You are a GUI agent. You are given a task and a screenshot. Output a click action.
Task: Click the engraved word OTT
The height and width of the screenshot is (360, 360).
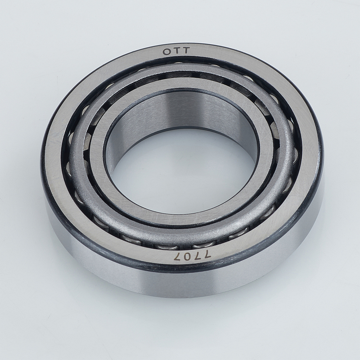[x=176, y=51]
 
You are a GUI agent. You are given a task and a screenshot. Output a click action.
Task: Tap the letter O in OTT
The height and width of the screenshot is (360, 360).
[x=166, y=52]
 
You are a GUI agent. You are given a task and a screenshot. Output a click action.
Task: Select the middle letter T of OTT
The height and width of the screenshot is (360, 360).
[x=176, y=51]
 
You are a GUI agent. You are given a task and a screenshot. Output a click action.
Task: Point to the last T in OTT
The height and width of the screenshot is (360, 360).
[x=186, y=50]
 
